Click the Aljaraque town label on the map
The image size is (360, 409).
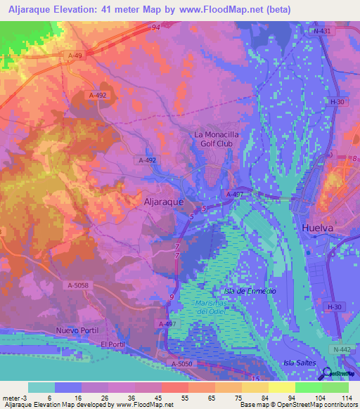[x=163, y=201]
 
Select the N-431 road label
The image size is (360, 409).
[x=323, y=32]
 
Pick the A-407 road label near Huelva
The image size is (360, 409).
[x=233, y=194]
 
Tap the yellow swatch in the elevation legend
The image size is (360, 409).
[x=281, y=387]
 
